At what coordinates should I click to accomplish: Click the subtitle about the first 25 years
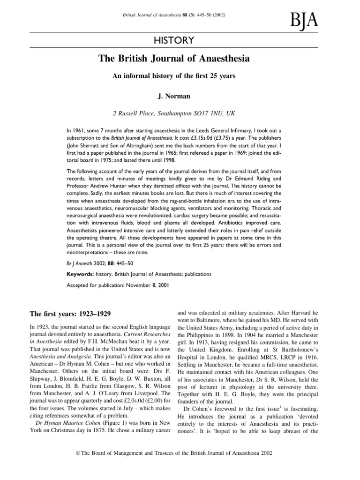(180, 76)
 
